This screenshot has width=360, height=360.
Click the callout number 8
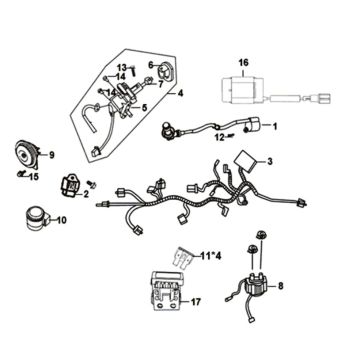point(280,286)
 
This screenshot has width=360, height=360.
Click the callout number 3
point(269,162)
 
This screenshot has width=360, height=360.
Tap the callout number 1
point(277,127)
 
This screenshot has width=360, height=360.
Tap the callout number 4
point(181,93)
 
